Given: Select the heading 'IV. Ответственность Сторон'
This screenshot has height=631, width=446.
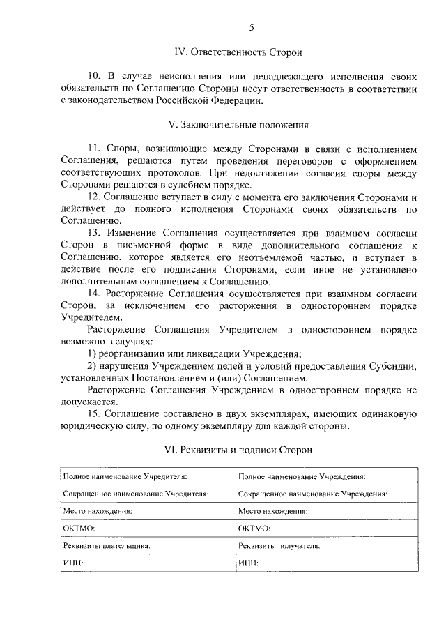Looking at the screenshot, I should click(x=238, y=52).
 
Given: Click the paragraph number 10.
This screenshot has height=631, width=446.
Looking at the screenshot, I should click(x=93, y=76).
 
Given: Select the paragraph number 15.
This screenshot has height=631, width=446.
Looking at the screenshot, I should click(x=93, y=415).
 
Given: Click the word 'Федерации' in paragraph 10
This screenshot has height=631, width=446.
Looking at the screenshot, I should click(x=236, y=100).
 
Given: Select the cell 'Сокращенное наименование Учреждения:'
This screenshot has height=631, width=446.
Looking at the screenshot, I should click(x=313, y=494).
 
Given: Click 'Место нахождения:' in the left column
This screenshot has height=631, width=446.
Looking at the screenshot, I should click(x=98, y=511).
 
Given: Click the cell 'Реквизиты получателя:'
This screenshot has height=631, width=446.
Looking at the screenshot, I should click(x=279, y=546).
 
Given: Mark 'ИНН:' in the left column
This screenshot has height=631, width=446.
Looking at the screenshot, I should click(x=73, y=563).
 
